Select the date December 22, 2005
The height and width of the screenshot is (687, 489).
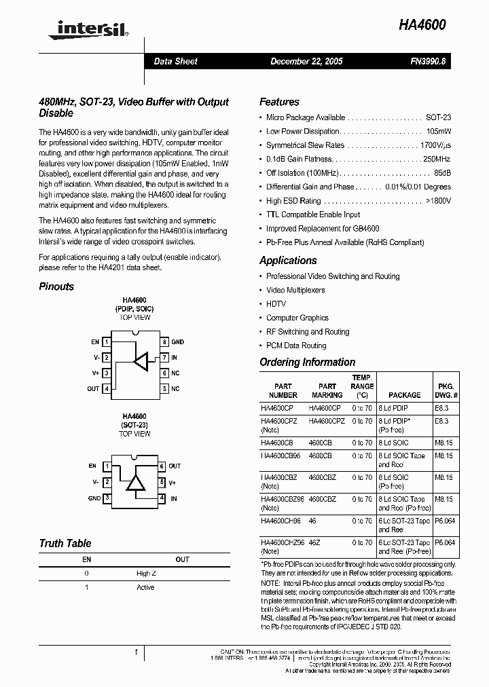[306, 62]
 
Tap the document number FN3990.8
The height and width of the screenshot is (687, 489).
[428, 62]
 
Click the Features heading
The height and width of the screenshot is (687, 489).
[279, 102]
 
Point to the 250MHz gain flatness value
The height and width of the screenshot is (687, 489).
[437, 159]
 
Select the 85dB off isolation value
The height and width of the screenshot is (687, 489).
[442, 173]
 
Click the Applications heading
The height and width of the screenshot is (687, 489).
[288, 261]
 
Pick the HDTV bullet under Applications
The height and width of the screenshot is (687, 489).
[276, 304]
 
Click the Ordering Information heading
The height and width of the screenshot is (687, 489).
[307, 363]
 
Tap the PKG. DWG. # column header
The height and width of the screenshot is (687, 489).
[445, 390]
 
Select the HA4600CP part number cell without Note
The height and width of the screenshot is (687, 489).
[277, 409]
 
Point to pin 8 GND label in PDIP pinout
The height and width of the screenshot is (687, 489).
[177, 342]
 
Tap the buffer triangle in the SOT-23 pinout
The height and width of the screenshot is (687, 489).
[137, 483]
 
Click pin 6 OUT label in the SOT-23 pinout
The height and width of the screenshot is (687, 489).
[175, 466]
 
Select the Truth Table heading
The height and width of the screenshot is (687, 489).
[65, 543]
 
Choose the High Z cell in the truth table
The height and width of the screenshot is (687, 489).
[146, 574]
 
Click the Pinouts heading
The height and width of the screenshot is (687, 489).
[56, 286]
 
